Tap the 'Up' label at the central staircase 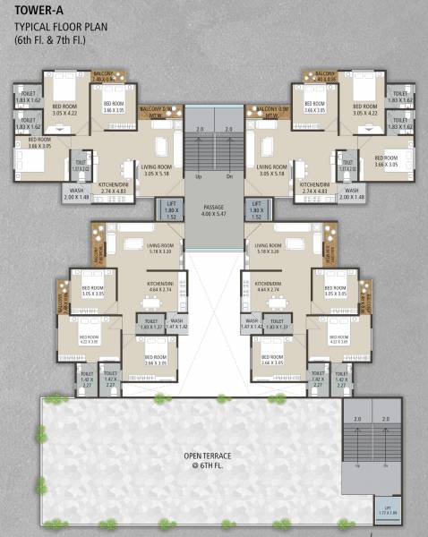point(198,176)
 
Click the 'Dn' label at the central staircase point(229,176)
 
